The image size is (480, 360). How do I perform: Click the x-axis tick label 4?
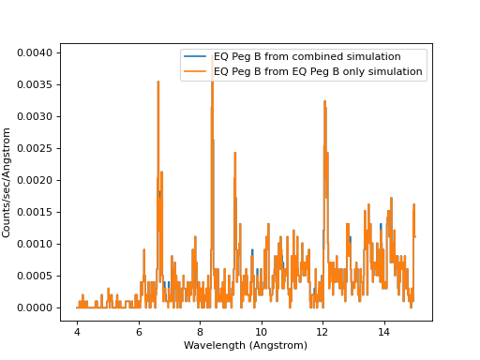click(77, 332)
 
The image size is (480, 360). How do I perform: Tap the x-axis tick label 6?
click(139, 332)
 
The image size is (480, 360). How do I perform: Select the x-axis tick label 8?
click(200, 332)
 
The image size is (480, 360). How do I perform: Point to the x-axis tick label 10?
click(262, 332)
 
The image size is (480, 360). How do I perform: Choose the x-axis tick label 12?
click(322, 332)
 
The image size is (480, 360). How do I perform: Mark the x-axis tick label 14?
click(384, 332)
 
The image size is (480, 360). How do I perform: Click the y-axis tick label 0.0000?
click(36, 307)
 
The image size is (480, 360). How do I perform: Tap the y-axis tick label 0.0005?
click(36, 276)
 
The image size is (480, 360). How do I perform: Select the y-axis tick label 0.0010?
click(36, 244)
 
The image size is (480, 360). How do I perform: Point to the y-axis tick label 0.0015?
click(36, 212)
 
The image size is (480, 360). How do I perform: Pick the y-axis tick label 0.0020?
click(36, 180)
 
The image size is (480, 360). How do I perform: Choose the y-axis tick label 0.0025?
click(36, 148)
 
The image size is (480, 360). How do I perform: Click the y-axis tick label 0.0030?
click(36, 116)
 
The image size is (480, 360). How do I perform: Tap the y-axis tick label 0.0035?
click(36, 84)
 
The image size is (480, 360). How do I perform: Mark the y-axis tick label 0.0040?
click(36, 52)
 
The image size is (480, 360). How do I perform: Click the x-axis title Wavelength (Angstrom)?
click(246, 346)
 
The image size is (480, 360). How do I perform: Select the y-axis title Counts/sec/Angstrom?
click(7, 180)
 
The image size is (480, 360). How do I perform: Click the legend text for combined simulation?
click(307, 57)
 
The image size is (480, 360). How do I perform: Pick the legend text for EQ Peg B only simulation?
click(318, 71)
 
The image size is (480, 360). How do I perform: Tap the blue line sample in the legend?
click(197, 57)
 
